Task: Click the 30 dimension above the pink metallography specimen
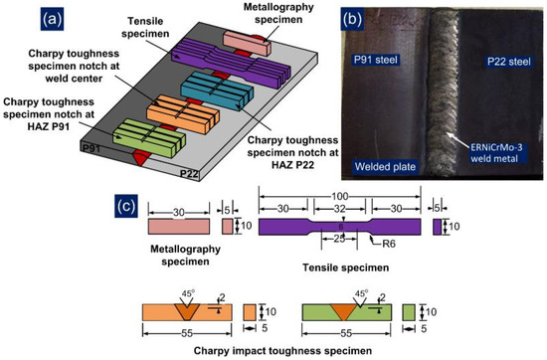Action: [x=177, y=211]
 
